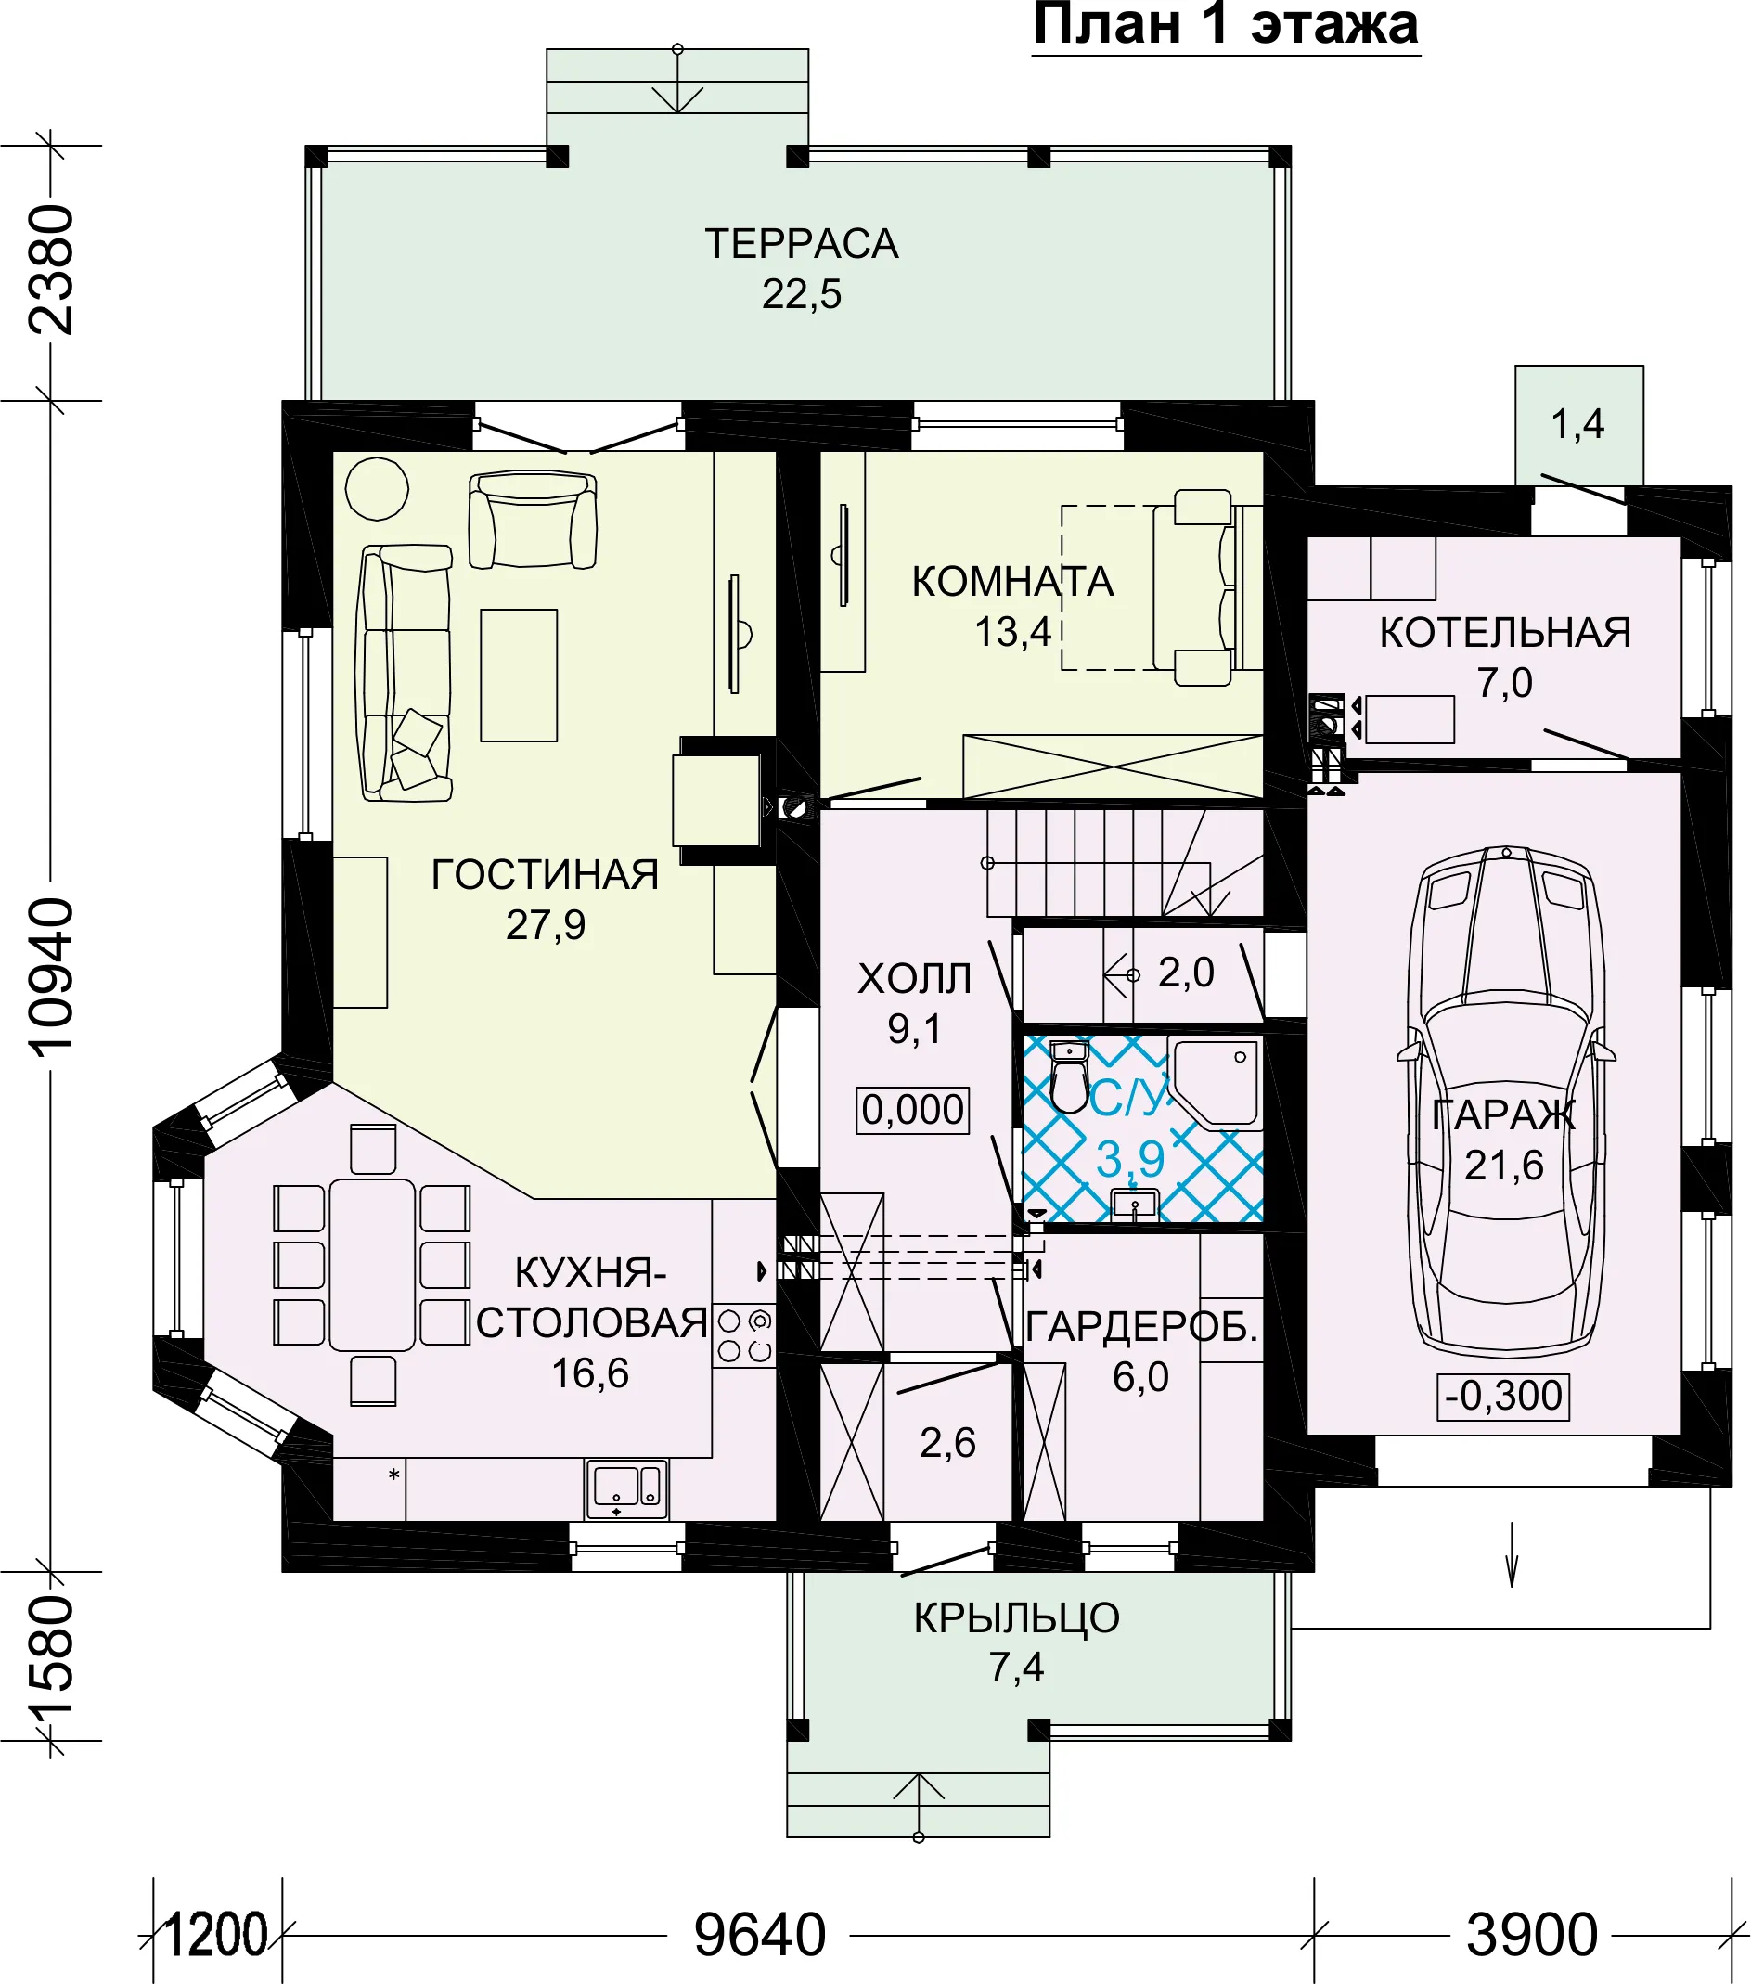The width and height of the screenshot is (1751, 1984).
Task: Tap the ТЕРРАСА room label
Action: pos(802,244)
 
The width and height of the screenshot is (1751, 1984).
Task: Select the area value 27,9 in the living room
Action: pos(546,925)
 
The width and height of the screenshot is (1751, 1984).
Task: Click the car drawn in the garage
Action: pos(1505,1100)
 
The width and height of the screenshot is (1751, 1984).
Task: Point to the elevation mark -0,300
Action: pos(1503,1396)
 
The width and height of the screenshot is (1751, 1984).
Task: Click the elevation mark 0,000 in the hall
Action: pos(912,1110)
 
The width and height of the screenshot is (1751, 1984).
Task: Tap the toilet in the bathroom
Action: pos(1070,1076)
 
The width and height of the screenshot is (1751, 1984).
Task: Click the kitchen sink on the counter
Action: pos(626,1489)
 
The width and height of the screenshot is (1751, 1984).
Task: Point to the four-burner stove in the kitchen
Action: pos(744,1335)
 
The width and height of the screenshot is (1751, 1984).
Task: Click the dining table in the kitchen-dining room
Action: pos(372,1265)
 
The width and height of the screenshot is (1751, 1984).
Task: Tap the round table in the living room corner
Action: pos(377,488)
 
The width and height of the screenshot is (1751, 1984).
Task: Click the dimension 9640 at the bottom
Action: pos(759,1935)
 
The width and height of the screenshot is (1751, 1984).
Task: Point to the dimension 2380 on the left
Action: pos(50,270)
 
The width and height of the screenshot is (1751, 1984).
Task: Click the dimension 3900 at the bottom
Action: pos(1532,1935)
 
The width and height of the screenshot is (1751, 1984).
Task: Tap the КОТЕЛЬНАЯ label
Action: pos(1504,633)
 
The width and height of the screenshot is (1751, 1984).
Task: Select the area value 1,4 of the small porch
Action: pos(1577,424)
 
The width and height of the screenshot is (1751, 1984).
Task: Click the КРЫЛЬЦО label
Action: pos(1016,1618)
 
